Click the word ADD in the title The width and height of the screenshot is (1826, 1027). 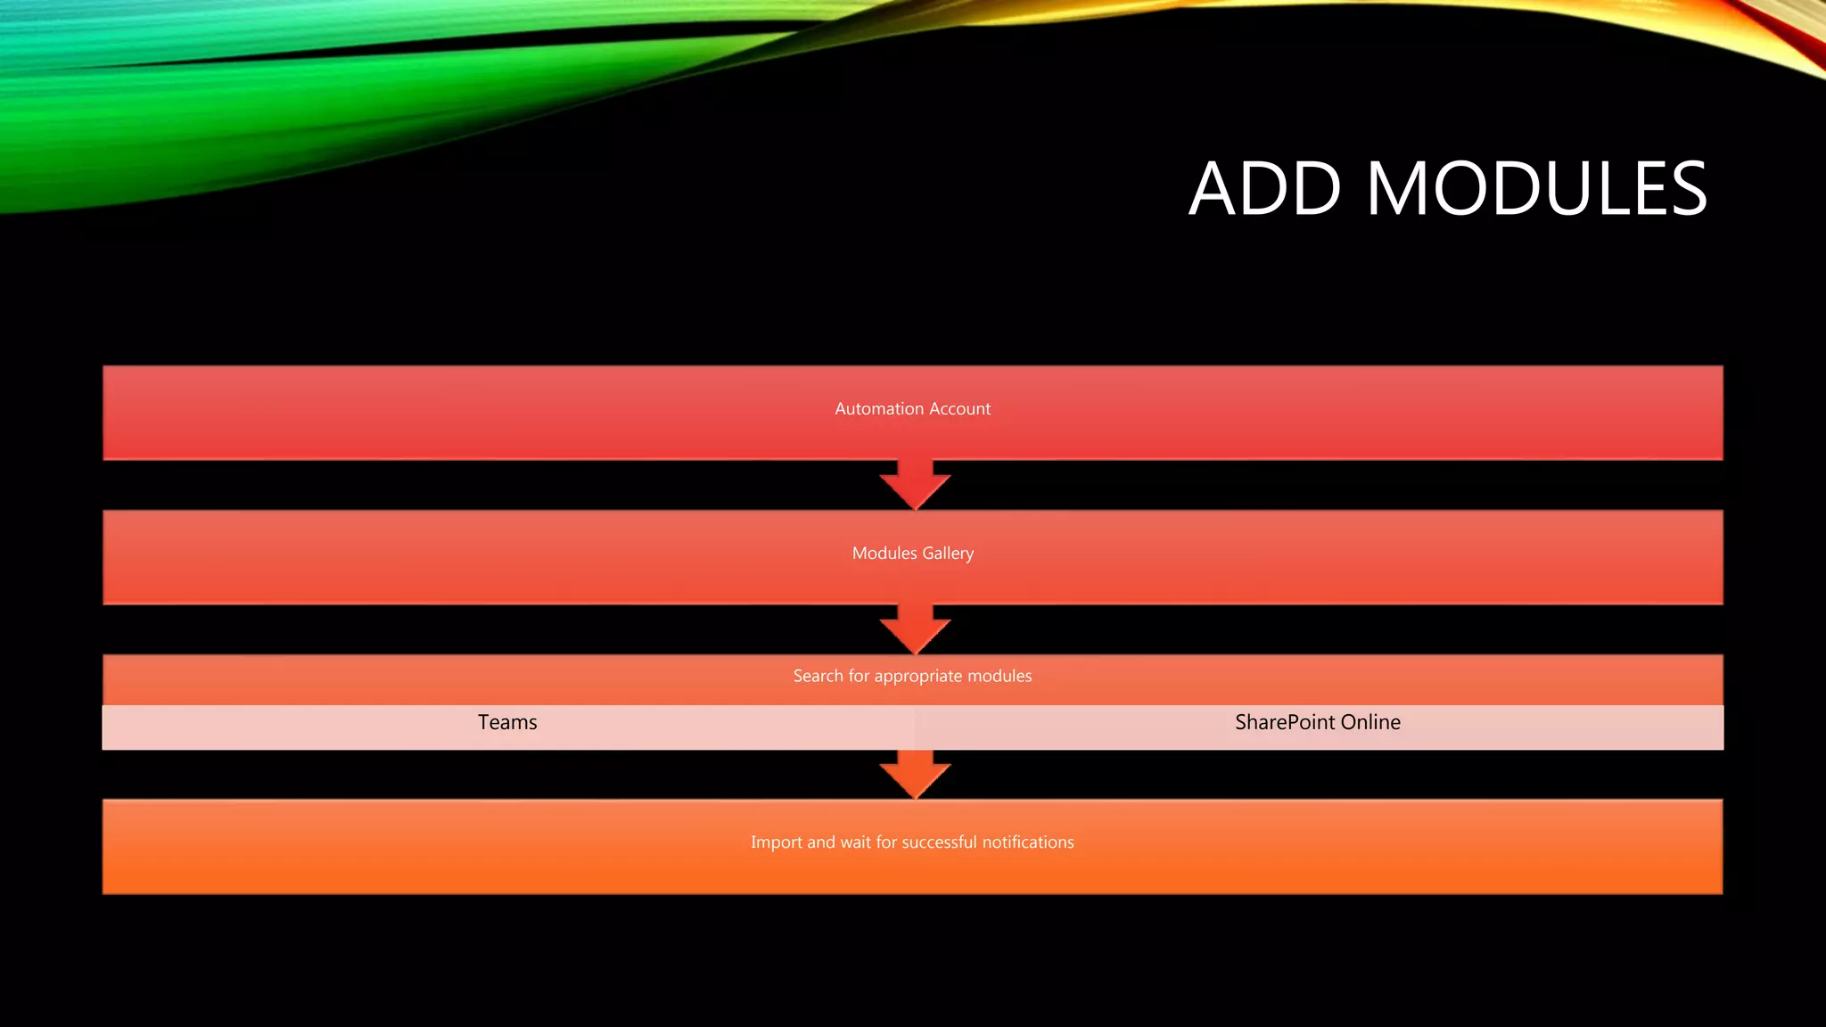tap(1265, 189)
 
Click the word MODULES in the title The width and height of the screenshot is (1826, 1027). tap(1537, 189)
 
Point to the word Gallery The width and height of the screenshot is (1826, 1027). tap(948, 554)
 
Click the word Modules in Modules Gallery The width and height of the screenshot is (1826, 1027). tap(884, 553)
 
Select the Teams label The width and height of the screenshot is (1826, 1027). tap(507, 722)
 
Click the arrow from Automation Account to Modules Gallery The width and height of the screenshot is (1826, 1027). tap(915, 485)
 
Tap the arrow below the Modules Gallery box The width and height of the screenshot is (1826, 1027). tap(915, 629)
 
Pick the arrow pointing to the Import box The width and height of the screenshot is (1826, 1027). tap(915, 774)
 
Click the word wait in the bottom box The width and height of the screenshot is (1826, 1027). tap(855, 842)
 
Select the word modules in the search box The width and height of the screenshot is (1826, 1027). tap(1003, 676)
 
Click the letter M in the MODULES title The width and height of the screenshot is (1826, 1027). tap(1397, 189)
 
